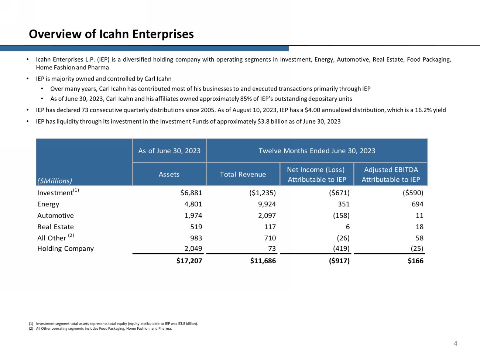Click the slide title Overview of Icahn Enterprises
pos(111,34)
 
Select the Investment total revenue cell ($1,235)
pos(263,193)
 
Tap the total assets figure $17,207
pos(189,261)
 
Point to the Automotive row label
pos(55,216)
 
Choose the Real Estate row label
pos(55,227)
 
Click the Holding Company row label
pos(65,248)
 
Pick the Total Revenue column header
pos(243,174)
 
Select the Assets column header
pos(169,174)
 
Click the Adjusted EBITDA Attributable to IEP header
pos(391,174)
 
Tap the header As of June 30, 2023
pos(169,151)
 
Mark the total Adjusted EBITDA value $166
pos(415,261)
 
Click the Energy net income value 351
pos(343,204)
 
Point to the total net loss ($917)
pos(339,261)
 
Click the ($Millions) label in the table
pos(55,181)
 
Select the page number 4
pos(455,343)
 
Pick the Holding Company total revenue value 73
pos(272,248)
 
